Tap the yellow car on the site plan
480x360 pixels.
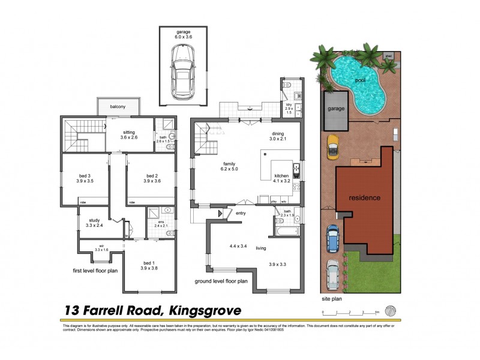coord(331,145)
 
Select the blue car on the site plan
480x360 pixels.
coord(332,238)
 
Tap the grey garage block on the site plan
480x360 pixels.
coord(334,110)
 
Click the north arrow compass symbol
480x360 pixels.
coord(391,311)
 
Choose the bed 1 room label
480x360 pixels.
coord(149,262)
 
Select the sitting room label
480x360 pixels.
coord(128,131)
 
